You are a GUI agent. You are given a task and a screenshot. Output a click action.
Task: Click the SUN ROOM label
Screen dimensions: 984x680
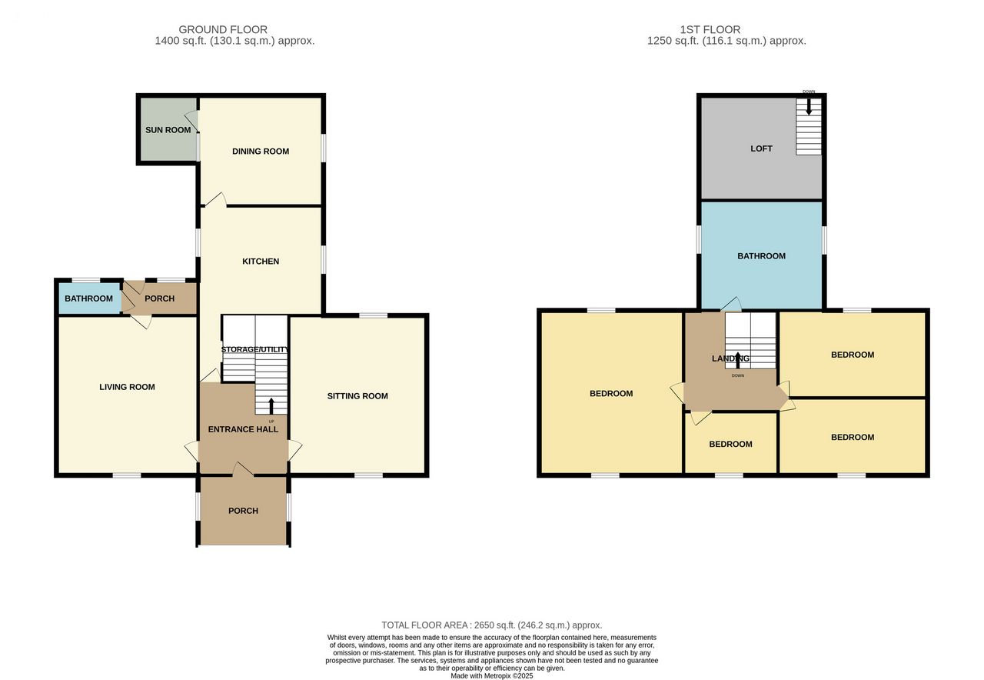(168, 130)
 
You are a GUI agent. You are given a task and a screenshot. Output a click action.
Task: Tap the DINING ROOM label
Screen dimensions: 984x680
(261, 152)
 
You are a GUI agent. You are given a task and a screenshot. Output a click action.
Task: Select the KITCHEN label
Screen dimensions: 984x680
(261, 261)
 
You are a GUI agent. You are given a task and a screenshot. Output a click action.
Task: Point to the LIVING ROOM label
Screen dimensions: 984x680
(127, 387)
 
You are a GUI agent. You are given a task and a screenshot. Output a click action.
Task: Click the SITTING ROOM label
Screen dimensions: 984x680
(357, 396)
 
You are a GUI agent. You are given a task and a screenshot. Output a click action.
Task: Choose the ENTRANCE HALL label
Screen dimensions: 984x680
(243, 429)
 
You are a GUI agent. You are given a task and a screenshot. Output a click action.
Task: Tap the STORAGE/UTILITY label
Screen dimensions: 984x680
(254, 349)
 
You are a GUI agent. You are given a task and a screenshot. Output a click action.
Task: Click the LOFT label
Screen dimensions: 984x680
(761, 148)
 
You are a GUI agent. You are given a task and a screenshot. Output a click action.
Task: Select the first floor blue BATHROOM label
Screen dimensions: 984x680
(761, 256)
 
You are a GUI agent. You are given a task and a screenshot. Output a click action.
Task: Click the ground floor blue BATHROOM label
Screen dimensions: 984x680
(88, 298)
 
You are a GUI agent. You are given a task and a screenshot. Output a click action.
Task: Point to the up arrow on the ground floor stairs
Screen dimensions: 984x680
(271, 405)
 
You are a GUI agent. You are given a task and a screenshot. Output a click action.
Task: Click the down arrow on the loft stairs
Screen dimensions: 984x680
(808, 106)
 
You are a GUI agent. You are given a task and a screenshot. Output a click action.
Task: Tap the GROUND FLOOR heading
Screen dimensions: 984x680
(223, 29)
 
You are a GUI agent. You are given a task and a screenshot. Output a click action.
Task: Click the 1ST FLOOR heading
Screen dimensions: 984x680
(710, 29)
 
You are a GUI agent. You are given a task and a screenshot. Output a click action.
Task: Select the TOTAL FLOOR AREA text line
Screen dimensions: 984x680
(491, 625)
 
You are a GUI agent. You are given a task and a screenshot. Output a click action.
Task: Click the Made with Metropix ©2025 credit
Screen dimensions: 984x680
(491, 675)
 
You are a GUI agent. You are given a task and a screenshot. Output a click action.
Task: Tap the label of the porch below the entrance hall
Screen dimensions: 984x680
(243, 511)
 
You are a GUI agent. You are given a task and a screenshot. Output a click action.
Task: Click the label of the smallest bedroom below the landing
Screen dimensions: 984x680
(730, 444)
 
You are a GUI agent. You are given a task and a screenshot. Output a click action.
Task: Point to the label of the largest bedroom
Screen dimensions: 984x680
(611, 393)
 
